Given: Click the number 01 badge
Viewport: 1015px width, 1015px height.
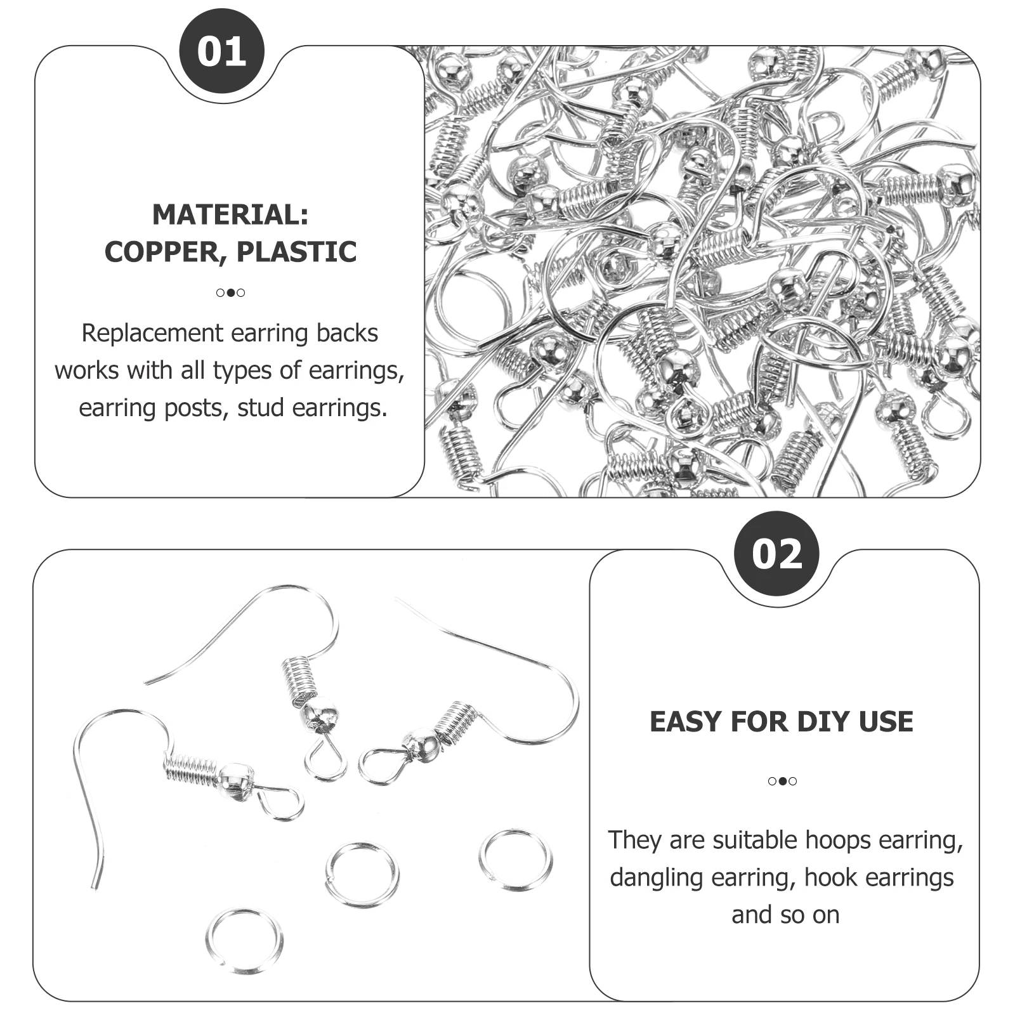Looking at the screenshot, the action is click(x=221, y=51).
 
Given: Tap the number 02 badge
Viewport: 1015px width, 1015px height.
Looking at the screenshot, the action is click(x=776, y=553).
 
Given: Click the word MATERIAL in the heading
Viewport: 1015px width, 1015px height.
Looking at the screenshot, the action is click(x=225, y=214).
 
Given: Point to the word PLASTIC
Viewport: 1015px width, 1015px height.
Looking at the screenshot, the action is click(x=296, y=252).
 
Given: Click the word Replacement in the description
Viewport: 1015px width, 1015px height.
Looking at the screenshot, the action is click(x=152, y=333).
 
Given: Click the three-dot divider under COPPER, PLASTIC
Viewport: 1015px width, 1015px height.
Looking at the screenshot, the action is click(x=230, y=292).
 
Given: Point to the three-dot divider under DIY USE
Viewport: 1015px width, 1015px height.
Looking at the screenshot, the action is click(x=782, y=781).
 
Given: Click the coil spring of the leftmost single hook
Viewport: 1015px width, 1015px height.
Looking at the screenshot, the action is click(x=190, y=769).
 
